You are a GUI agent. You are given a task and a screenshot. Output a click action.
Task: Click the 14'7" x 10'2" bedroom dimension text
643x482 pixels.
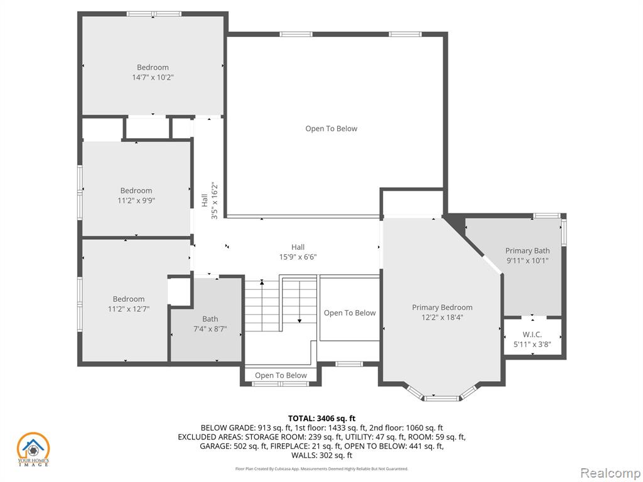coord(153,77)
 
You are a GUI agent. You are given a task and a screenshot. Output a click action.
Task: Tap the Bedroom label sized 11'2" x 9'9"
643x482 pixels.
coord(136,196)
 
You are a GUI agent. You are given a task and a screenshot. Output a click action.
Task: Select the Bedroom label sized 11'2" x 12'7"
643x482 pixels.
coord(129,304)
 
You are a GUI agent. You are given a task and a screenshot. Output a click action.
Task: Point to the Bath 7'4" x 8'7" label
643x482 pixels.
coord(210,324)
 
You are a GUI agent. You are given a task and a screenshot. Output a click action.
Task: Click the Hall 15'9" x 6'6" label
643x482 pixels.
coord(298,252)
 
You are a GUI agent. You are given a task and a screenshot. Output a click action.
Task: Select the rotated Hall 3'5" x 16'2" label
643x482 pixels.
coord(209,200)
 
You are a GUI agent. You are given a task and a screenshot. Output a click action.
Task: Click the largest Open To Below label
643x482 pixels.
coord(332,129)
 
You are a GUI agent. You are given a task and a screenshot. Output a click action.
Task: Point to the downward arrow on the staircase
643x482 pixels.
coord(300,302)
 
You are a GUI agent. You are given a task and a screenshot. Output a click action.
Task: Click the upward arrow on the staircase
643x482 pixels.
coord(262,299)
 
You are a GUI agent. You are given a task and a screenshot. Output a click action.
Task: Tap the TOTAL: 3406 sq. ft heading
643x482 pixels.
coord(321,419)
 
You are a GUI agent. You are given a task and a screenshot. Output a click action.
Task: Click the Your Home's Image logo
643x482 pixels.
coord(33,449)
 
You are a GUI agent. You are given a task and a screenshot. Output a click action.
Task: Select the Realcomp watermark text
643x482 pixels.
coord(610,473)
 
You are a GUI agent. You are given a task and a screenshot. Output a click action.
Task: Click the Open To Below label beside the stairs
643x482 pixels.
coord(349,313)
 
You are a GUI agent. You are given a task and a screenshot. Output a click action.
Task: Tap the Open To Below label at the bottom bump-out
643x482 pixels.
coord(281,375)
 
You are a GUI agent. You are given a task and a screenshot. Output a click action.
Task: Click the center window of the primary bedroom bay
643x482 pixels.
coord(442,398)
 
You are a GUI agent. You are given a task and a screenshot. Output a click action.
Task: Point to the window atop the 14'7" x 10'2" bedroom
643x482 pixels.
coord(154,14)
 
